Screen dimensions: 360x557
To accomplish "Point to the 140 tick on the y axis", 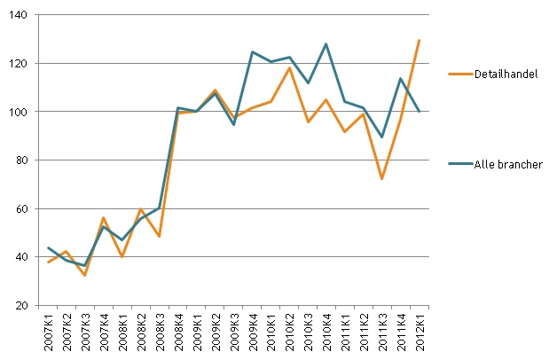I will [x=19, y=15].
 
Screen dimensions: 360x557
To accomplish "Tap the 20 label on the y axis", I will [x=21, y=306].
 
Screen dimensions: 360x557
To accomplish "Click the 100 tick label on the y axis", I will [x=19, y=112].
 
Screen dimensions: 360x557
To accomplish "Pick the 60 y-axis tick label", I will [x=21, y=208].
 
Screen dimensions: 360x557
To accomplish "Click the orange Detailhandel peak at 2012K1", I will [x=420, y=40].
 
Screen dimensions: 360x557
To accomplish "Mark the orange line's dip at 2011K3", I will [x=382, y=179].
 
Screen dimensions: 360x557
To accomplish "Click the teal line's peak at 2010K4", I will [x=326, y=43].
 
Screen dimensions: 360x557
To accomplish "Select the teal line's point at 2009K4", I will [x=253, y=51].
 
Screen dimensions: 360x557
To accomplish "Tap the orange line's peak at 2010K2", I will [x=289, y=67].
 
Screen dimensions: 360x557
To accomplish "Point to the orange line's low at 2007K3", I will [x=86, y=275].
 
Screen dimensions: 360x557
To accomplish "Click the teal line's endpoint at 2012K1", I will [x=420, y=112].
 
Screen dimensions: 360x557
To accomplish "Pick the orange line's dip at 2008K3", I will [x=160, y=237].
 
